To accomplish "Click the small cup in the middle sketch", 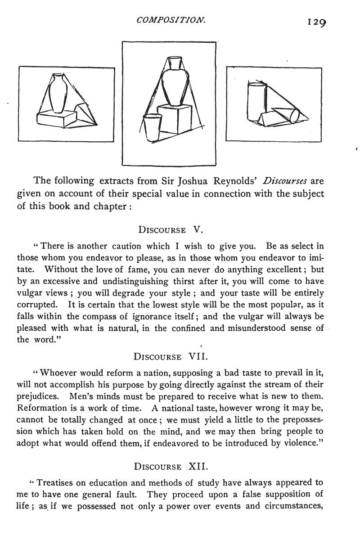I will coord(152,127).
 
